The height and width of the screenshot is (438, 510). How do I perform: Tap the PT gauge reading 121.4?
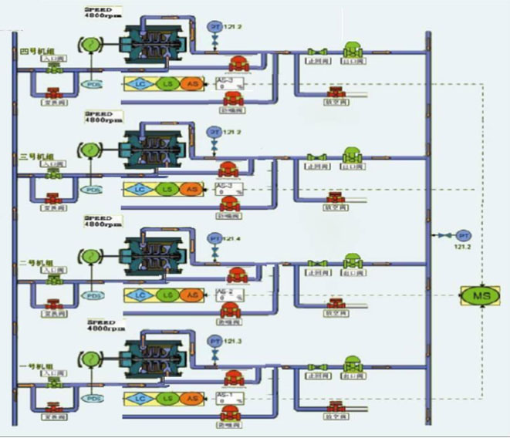click(x=214, y=239)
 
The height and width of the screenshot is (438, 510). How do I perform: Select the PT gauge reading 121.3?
click(x=214, y=341)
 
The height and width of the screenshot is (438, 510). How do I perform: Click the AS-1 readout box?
click(x=229, y=399)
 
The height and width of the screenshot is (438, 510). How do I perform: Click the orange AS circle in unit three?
click(x=191, y=189)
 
